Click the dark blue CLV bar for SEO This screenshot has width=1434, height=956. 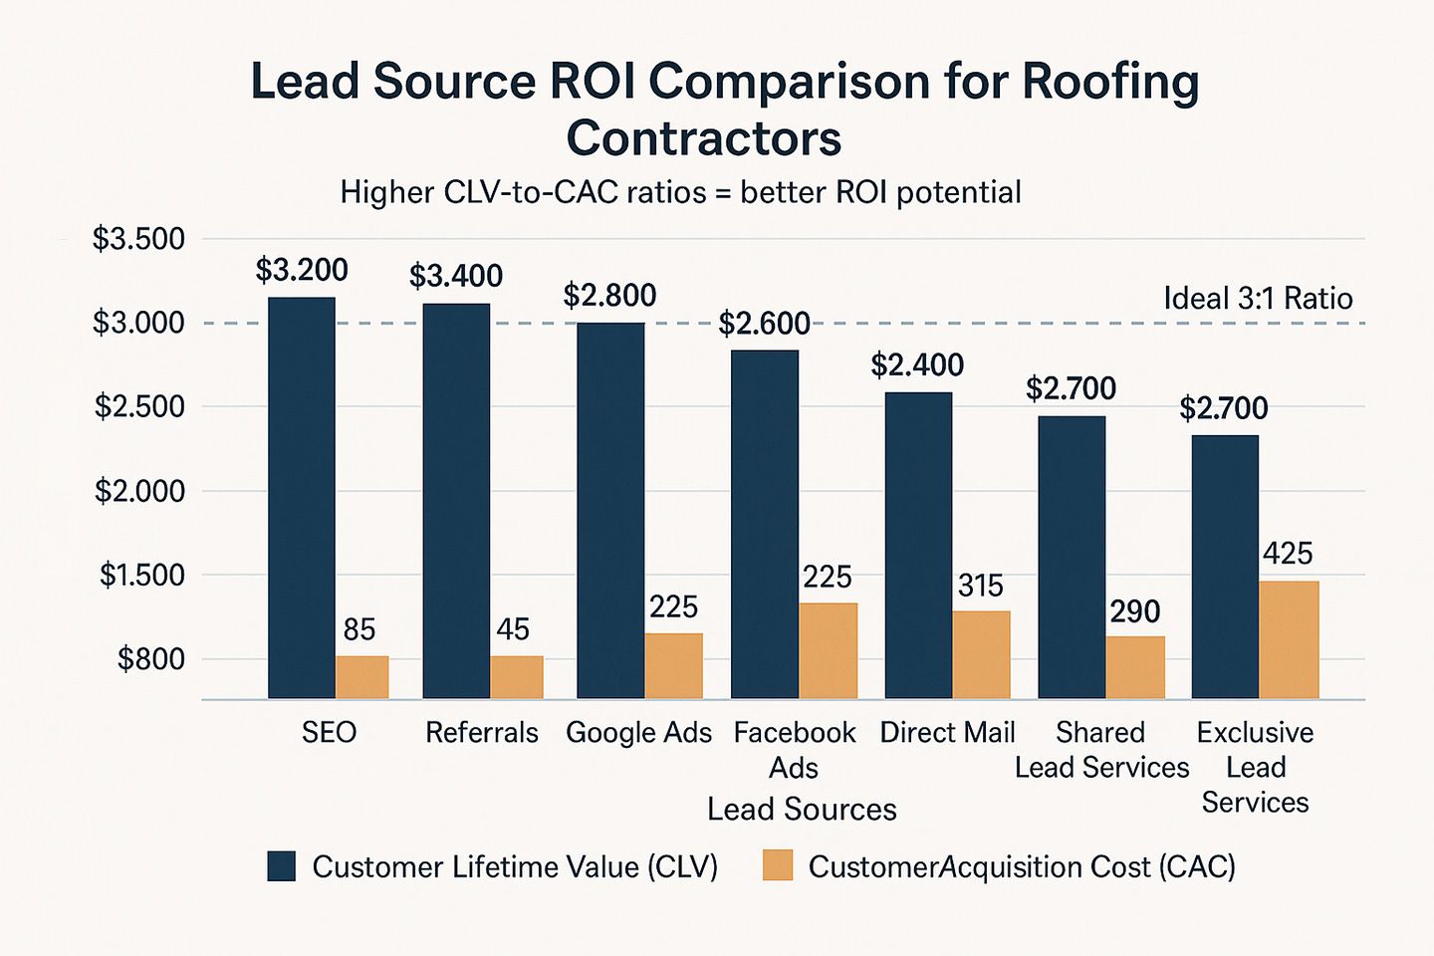(302, 498)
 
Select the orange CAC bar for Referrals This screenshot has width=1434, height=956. (517, 677)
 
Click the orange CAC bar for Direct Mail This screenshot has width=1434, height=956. (981, 654)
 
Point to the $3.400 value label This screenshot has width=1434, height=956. (456, 276)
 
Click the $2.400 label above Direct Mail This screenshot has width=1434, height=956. (917, 365)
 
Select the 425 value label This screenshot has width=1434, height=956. (1288, 554)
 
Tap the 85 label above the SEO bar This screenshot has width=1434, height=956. (359, 629)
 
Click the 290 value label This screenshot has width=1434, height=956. (1135, 611)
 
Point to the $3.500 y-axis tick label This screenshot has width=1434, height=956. (138, 239)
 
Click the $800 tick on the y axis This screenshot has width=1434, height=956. (151, 659)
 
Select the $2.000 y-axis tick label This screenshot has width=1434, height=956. (139, 491)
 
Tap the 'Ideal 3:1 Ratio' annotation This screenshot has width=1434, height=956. (1258, 299)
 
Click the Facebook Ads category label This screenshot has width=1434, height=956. (794, 750)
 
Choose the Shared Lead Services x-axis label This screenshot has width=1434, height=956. (1101, 750)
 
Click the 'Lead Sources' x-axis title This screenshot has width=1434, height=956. (802, 810)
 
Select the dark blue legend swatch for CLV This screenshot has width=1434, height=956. (282, 866)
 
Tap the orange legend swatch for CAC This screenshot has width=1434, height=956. (778, 866)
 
